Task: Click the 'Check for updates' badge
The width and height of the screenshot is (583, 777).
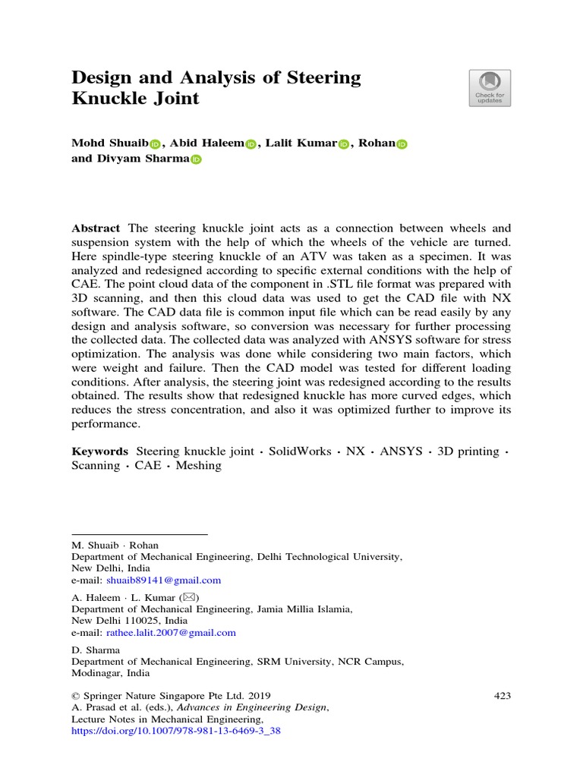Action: (x=490, y=88)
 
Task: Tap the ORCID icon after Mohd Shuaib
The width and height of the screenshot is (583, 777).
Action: (x=156, y=144)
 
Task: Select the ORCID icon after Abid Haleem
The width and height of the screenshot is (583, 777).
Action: (x=251, y=144)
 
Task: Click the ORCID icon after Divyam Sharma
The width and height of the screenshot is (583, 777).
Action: (x=197, y=159)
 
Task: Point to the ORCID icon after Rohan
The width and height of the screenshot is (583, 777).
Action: (x=402, y=144)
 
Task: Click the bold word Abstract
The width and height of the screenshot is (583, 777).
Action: (x=96, y=228)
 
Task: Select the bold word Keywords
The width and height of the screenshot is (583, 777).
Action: (x=99, y=451)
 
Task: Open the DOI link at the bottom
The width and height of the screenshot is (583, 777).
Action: (x=175, y=732)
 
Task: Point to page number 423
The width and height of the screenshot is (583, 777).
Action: (x=502, y=696)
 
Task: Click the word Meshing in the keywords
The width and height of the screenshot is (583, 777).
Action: (x=198, y=466)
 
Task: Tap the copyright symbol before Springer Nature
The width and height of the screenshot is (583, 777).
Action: (x=75, y=696)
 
